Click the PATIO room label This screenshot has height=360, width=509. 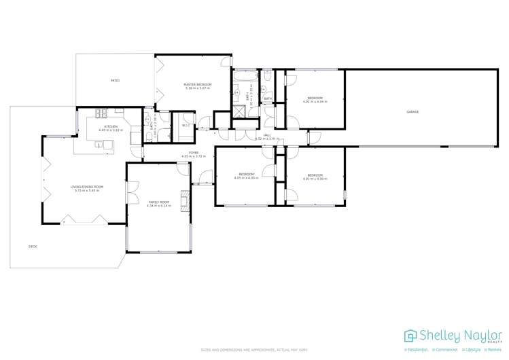click(116, 81)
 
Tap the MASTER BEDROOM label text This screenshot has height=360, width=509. click(198, 84)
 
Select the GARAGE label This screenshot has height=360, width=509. click(413, 111)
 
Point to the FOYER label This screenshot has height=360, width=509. click(194, 154)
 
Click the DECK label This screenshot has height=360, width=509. click(33, 246)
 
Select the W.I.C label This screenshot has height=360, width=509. click(185, 125)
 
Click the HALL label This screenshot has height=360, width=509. click(267, 135)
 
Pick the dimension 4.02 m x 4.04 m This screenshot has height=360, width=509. click(315, 102)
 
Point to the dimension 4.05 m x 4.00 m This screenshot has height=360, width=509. click(246, 178)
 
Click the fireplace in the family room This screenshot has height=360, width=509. click(183, 202)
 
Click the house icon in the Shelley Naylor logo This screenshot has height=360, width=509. click(410, 336)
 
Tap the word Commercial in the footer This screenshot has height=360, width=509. click(445, 350)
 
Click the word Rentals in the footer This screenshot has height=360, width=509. click(494, 350)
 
